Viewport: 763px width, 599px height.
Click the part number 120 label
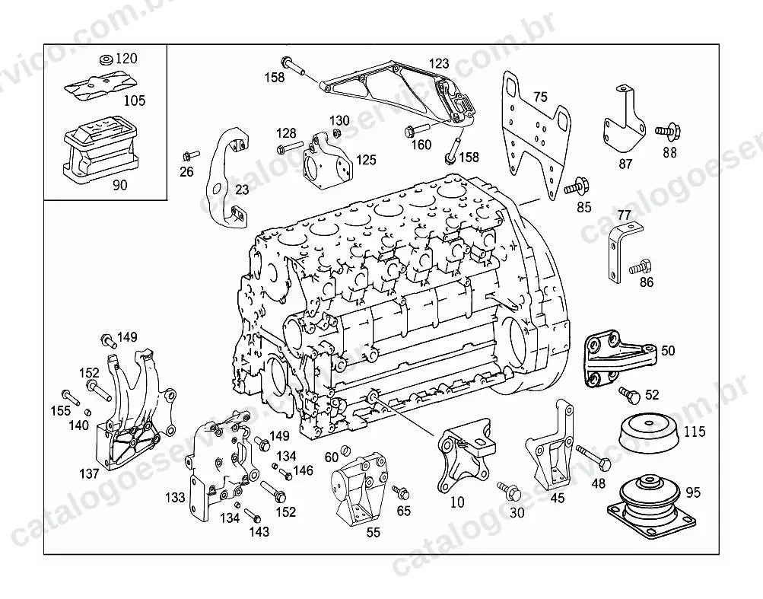[126, 59]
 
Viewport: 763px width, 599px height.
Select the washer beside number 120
[106, 60]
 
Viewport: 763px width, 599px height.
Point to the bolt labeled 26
[190, 155]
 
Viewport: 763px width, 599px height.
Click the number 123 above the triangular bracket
[438, 63]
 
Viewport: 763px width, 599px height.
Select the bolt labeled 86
[640, 267]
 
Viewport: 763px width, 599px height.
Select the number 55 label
[373, 532]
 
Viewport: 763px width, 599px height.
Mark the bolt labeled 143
[253, 515]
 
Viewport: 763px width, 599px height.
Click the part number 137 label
[89, 473]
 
